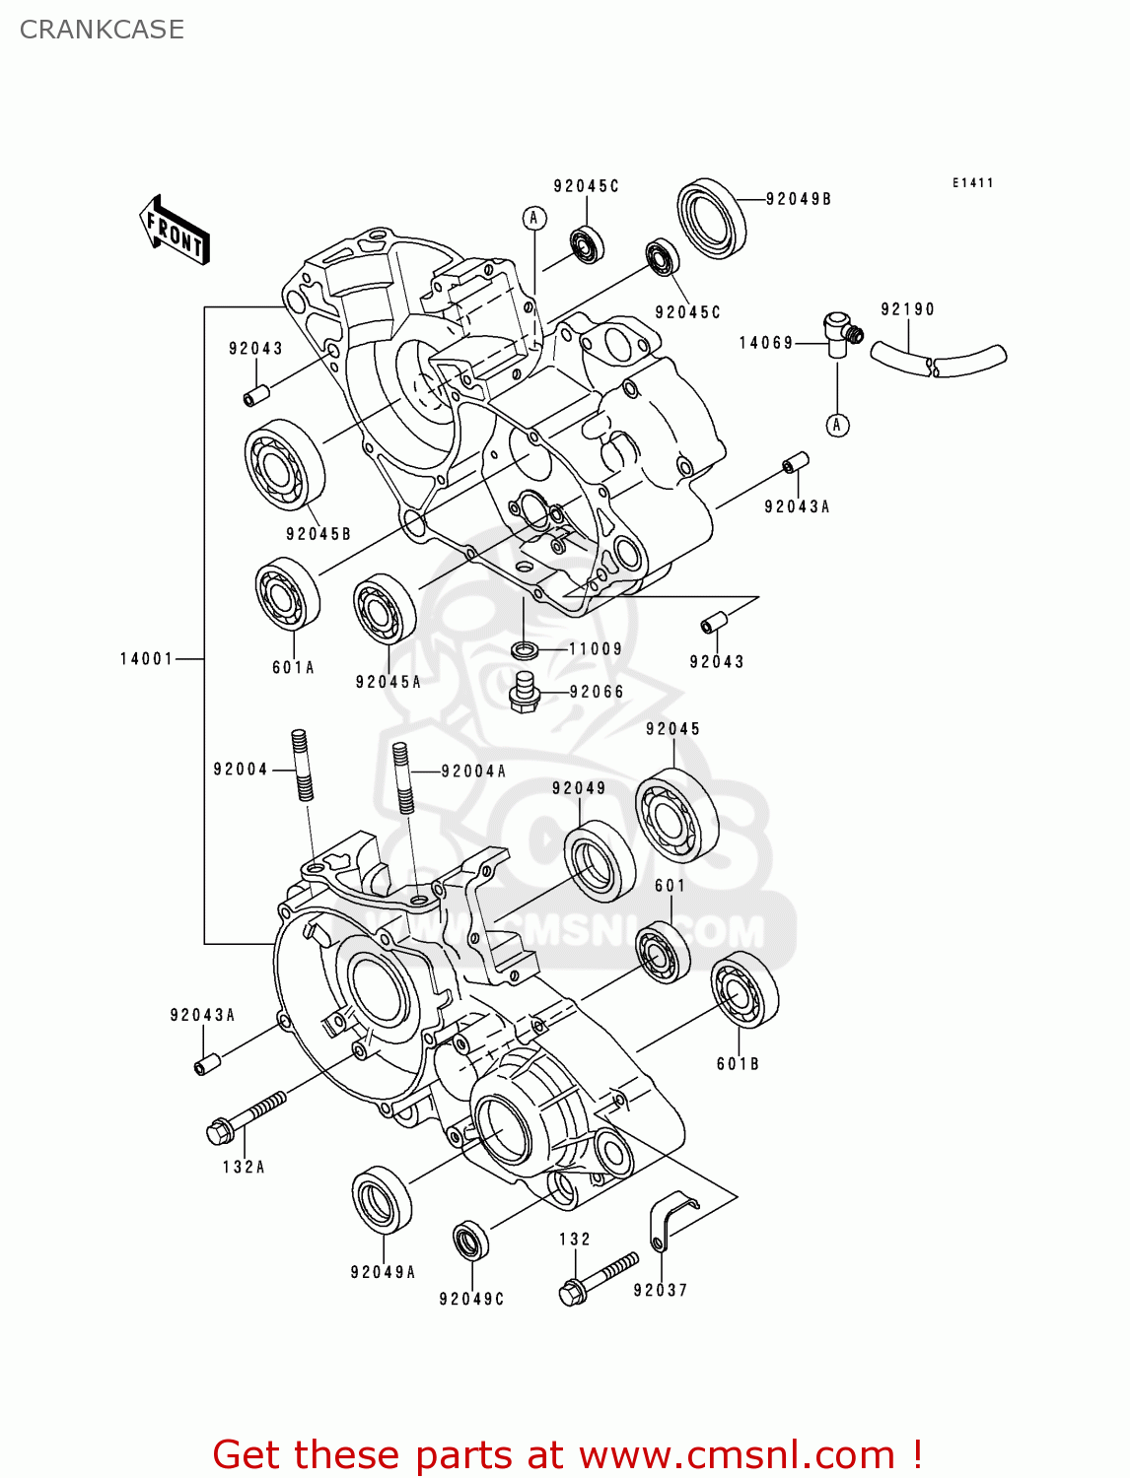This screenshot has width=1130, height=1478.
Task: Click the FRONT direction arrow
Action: point(176,231)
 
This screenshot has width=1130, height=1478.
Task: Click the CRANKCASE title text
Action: point(102,30)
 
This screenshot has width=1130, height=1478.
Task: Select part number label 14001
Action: point(146,658)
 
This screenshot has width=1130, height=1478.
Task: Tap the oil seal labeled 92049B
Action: point(711,218)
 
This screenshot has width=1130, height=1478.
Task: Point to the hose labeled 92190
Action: point(937,359)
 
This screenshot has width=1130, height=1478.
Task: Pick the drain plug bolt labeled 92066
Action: point(525,692)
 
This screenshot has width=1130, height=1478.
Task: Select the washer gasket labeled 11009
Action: point(525,649)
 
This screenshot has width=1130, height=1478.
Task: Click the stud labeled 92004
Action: point(303,765)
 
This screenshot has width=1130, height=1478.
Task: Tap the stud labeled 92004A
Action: point(402,776)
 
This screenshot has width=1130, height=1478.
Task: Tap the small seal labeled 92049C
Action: point(470,1240)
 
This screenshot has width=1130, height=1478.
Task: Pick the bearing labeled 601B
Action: point(744,989)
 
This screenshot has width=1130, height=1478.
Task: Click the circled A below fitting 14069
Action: point(837,425)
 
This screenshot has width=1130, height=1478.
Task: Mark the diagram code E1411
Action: point(972,183)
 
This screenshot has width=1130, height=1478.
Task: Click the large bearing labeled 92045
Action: point(676,815)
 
